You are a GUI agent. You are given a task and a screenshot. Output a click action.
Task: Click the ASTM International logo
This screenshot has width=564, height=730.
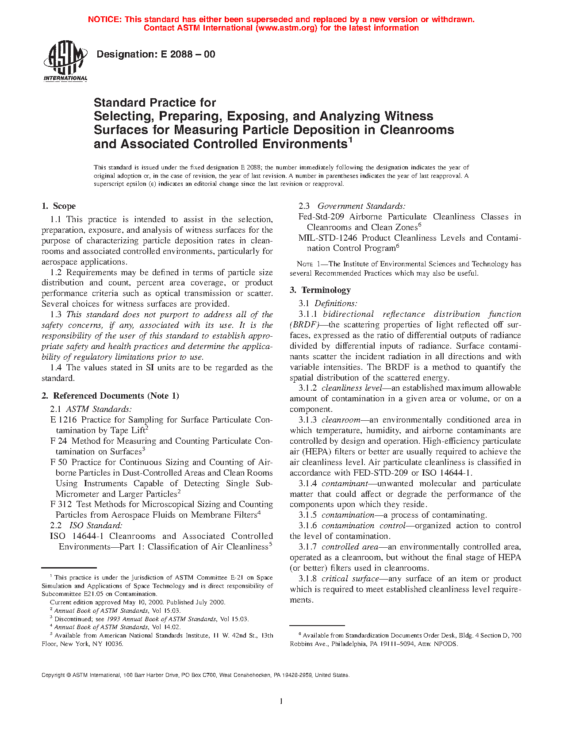pos(65,61)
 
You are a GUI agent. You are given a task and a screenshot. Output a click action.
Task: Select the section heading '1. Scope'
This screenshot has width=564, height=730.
pos(58,206)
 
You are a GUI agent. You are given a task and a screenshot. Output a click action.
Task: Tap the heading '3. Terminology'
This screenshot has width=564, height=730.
pos(320,290)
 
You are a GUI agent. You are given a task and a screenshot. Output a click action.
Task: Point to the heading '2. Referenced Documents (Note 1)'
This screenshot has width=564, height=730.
pos(110,396)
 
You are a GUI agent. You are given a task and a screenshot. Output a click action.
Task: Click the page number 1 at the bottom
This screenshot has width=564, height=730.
pos(281,701)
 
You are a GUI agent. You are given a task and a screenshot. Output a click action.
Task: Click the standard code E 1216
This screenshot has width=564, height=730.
pos(63,420)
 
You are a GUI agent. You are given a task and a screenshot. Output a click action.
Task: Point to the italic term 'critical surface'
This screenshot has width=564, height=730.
pos(350,579)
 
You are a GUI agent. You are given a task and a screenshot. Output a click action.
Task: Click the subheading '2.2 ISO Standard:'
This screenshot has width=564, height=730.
pos(86,526)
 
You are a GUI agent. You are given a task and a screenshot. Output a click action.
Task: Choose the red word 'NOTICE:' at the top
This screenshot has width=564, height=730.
pos(104,19)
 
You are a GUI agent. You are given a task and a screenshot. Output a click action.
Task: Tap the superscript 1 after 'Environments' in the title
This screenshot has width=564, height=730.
pos(350,140)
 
